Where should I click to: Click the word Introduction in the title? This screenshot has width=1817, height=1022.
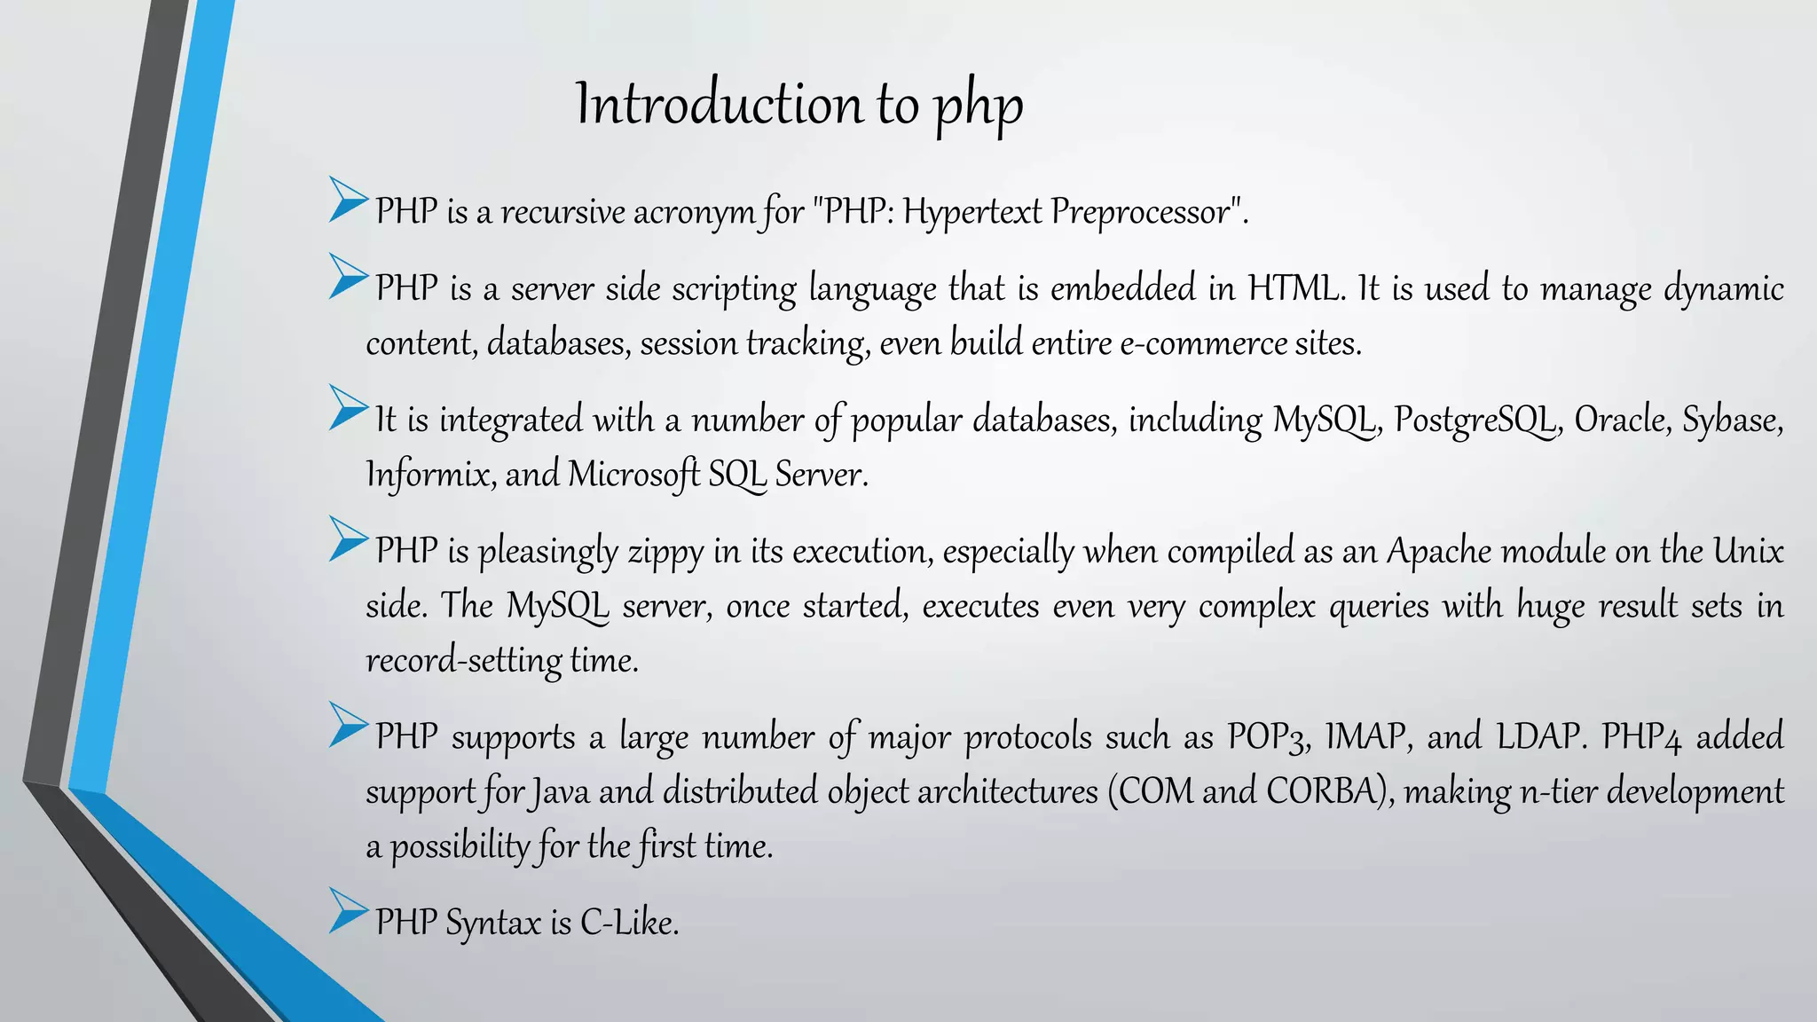719,105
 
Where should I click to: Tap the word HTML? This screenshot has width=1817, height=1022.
1293,289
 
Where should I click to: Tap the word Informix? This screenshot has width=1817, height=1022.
430,475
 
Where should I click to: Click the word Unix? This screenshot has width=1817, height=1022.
1747,552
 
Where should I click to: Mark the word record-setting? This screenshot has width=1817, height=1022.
463,661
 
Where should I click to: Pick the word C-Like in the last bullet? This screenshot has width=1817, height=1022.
629,924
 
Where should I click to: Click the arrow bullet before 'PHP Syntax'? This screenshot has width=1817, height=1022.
348,910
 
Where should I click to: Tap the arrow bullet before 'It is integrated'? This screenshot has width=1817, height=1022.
348,407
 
